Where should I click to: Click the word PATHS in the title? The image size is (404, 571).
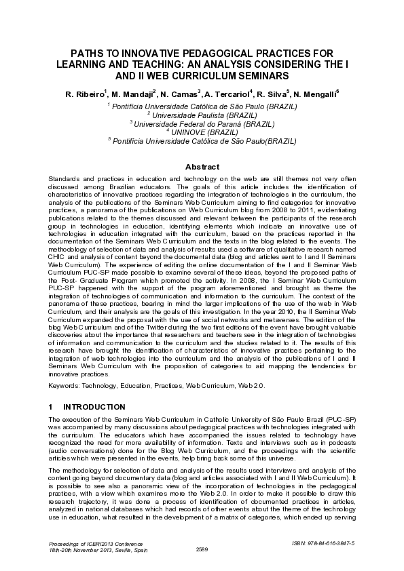coord(88,52)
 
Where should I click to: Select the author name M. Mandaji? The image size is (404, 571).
coord(133,93)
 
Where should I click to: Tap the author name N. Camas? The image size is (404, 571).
coord(180,93)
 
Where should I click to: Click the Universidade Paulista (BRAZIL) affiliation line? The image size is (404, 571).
coord(202,116)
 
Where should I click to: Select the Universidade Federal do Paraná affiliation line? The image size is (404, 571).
coord(202,124)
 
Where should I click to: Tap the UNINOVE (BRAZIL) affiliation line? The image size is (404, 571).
coord(202,132)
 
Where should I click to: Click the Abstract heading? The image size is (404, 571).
coord(202,167)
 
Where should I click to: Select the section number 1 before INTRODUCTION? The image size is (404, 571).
coord(51,407)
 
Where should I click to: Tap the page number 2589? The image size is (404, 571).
coord(202,548)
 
